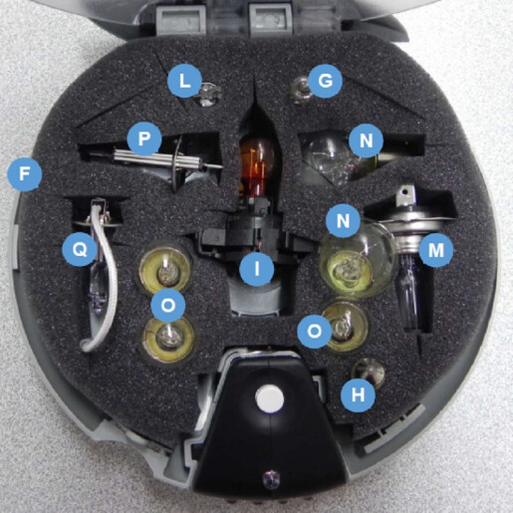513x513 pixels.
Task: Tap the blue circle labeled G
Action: pos(320,81)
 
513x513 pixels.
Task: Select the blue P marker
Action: pos(145,138)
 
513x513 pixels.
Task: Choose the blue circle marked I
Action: pos(257,267)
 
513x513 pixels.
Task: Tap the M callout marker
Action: pos(433,250)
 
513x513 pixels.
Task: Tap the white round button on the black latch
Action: pos(264,397)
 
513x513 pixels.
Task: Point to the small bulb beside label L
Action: pos(208,95)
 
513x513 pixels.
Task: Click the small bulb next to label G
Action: pos(296,94)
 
